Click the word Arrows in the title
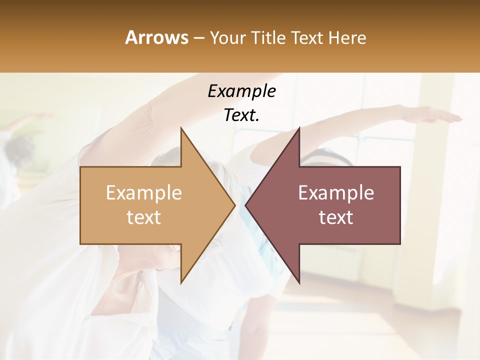(x=156, y=37)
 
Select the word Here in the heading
(x=347, y=37)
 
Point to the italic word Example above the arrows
(x=241, y=91)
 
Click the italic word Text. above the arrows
(x=241, y=115)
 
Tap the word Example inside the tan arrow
(x=143, y=193)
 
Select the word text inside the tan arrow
(x=143, y=217)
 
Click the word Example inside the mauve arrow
(x=336, y=193)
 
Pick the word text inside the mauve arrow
(x=336, y=217)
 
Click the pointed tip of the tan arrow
(x=234, y=205)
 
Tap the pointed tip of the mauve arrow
(x=246, y=205)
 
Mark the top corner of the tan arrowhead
(x=181, y=128)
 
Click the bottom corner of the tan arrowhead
(x=181, y=282)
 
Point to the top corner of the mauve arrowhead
(x=299, y=128)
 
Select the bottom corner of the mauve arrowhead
(x=299, y=282)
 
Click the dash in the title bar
(x=198, y=38)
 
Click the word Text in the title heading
(x=306, y=37)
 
